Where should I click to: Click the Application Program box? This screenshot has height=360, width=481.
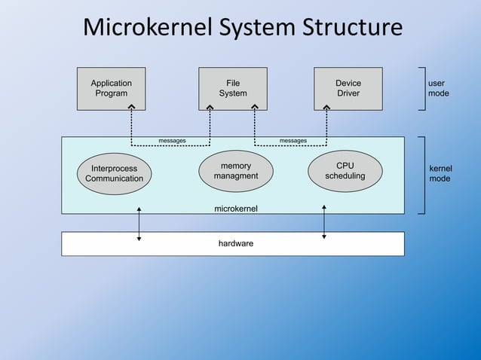coord(112,88)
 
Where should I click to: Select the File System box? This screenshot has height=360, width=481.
coord(232,88)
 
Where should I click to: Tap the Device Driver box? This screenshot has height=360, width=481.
coord(348,88)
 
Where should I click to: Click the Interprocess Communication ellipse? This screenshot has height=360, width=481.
coord(114,174)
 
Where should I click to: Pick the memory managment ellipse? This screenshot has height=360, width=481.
coord(235,171)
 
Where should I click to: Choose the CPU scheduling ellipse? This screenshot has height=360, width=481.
coord(345,171)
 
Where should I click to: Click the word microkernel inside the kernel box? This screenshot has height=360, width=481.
coord(236,207)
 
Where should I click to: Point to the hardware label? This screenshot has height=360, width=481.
coord(235,243)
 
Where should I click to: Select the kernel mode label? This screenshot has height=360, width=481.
coord(440,174)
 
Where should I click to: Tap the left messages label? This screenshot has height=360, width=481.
coord(172,141)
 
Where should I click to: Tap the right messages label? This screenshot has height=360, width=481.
coord(293,141)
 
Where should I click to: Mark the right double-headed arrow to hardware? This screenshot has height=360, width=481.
coord(324,221)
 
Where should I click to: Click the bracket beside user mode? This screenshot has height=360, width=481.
coord(423,88)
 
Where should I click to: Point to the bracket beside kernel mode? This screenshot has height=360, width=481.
coord(423,175)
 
